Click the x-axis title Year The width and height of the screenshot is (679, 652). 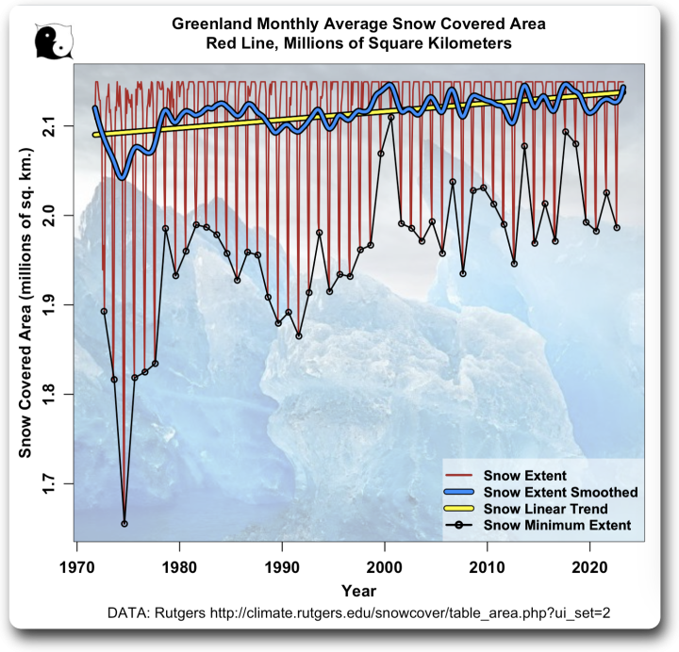[358, 591]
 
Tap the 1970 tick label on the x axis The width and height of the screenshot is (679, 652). [75, 568]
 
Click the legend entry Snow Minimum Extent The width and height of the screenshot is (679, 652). [557, 524]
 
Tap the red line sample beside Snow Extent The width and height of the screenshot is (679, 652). [461, 475]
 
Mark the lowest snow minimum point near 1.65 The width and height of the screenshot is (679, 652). [124, 523]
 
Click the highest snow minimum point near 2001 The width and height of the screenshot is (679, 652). [391, 117]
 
